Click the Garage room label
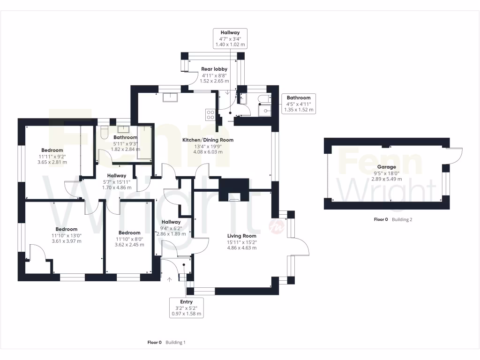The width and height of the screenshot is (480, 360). (386, 166)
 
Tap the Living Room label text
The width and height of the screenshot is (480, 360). (241, 236)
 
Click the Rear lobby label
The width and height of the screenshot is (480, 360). (214, 69)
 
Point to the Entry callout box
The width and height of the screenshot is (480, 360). (186, 308)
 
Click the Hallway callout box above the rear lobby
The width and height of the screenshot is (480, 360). (230, 38)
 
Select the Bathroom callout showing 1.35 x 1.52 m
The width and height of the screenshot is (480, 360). (299, 104)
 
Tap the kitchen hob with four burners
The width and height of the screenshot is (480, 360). (210, 115)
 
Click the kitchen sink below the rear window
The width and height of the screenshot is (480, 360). (170, 97)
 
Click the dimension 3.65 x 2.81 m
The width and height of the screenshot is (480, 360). (52, 162)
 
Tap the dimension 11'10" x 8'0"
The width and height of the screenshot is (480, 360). (129, 239)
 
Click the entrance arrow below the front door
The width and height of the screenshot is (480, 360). (170, 280)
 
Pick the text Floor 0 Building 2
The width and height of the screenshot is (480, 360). (392, 219)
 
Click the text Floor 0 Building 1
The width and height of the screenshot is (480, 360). (166, 343)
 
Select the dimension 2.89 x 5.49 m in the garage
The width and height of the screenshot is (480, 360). (386, 179)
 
